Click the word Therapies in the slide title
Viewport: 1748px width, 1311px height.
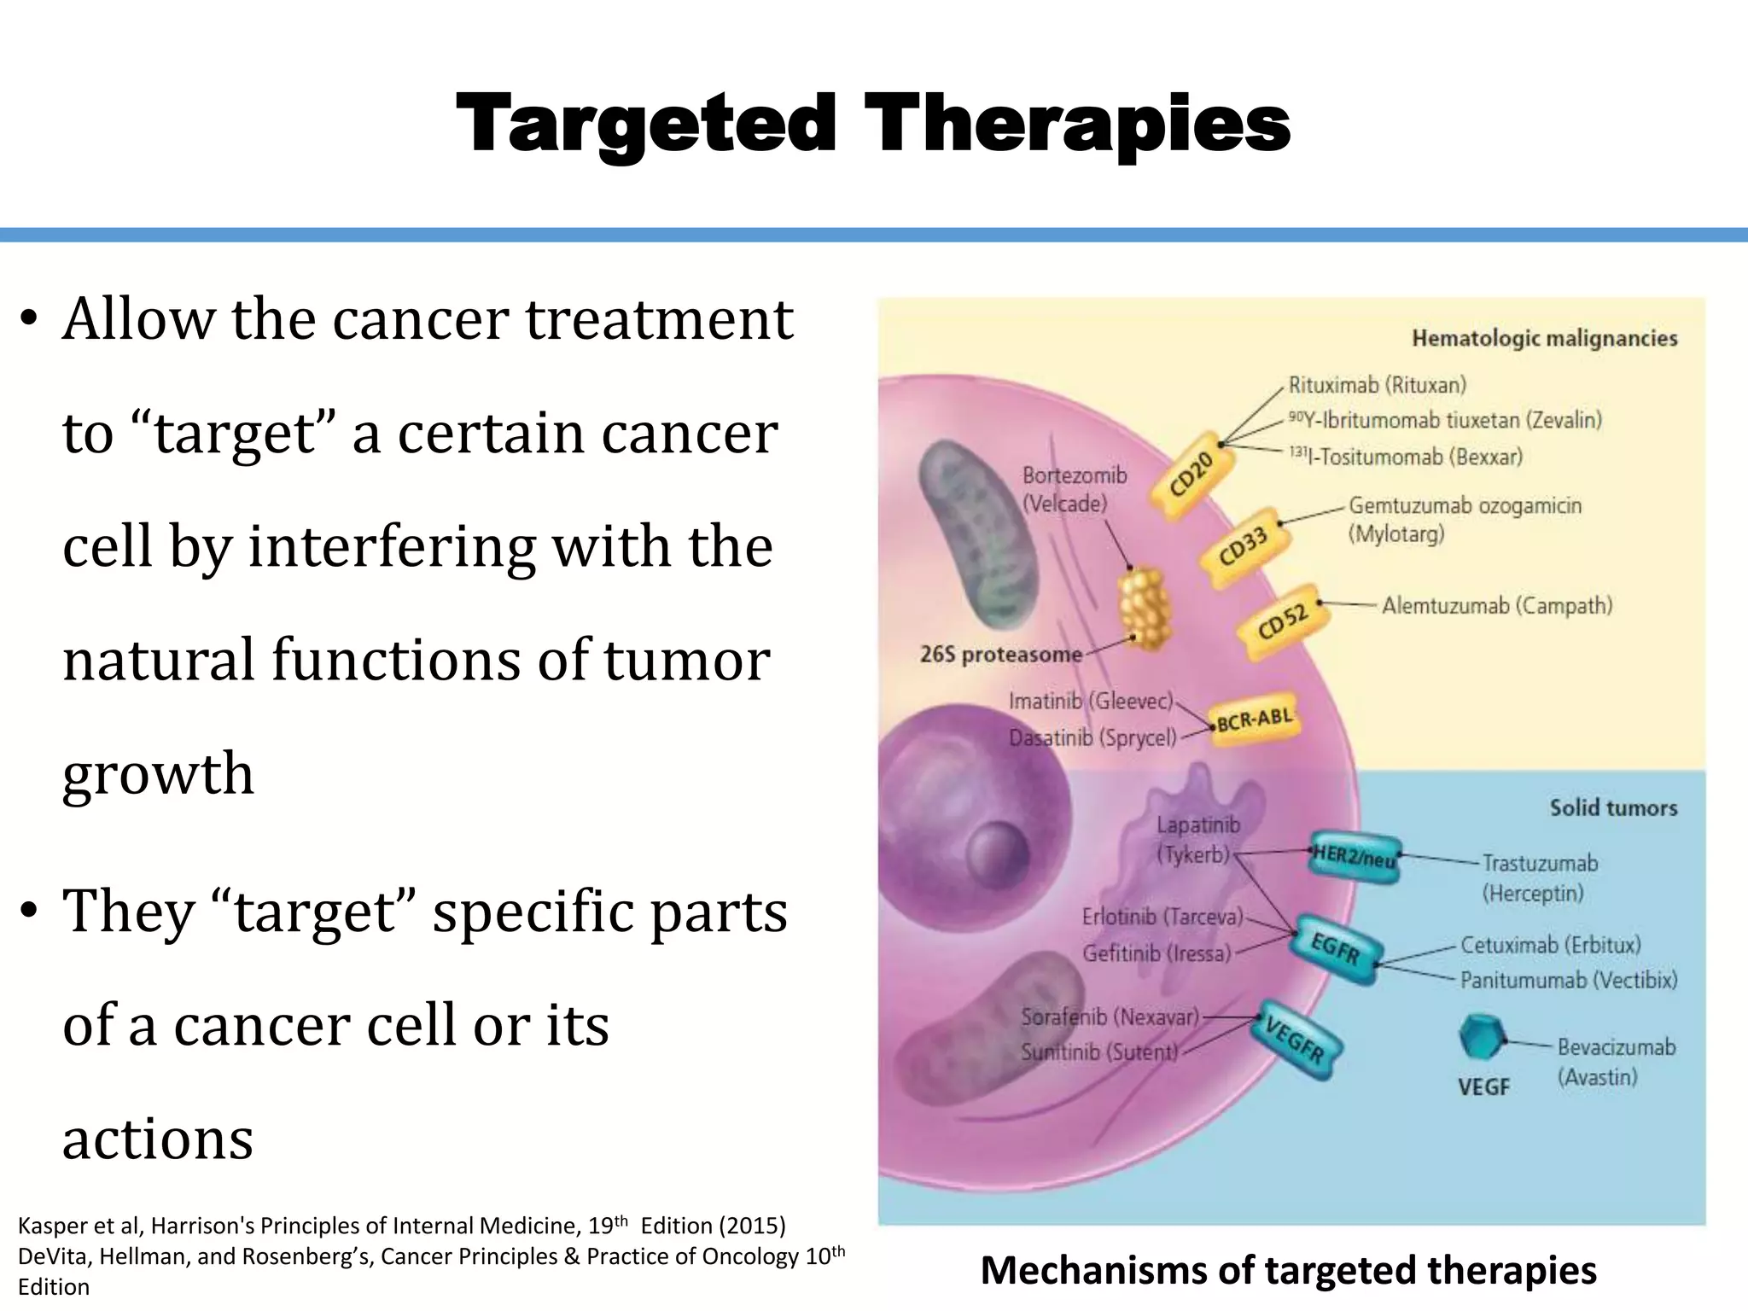1077,125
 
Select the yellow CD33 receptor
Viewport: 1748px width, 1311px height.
1243,546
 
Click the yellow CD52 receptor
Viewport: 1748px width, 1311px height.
1283,622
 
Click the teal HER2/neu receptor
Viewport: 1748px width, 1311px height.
1354,856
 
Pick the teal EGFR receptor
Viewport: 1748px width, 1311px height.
1335,948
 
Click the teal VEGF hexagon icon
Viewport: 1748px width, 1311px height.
1479,1037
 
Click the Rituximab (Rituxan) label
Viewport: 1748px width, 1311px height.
1377,385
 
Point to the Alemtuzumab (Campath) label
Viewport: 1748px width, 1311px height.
1497,606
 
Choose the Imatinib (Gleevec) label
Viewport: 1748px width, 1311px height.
1091,701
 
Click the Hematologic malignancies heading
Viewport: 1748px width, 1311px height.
1544,339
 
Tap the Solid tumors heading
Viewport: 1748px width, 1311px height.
1613,807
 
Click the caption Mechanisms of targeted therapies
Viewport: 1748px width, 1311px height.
1288,1269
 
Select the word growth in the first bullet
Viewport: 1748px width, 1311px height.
159,773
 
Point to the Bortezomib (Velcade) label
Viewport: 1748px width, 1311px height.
1074,489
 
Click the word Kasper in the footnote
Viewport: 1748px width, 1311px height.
50,1226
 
